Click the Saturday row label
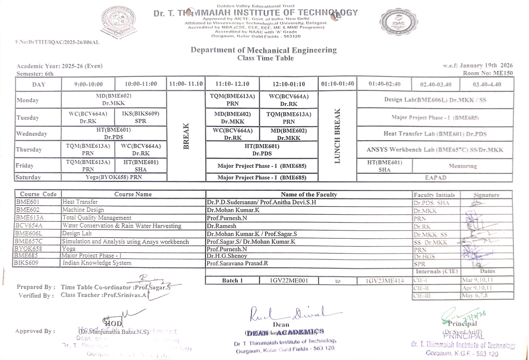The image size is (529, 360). point(28,178)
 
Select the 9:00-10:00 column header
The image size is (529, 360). point(88,84)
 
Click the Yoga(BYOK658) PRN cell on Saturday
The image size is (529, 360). point(114,178)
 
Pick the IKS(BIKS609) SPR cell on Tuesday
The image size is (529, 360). point(141,117)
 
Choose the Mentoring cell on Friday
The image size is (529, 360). point(462,166)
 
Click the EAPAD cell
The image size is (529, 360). point(435,178)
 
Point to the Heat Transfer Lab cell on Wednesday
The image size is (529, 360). point(435,134)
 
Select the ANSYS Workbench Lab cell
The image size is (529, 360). point(435,150)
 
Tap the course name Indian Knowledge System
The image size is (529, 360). point(97,263)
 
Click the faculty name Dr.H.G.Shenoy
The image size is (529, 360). point(227,256)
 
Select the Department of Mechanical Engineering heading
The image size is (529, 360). point(263,50)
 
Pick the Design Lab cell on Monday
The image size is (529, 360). point(435,100)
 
